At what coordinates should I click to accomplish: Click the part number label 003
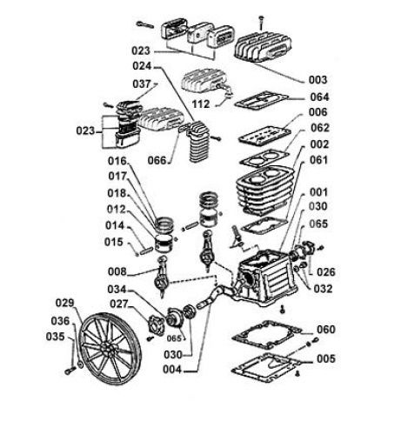[317, 80]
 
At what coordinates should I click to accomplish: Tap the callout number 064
[319, 97]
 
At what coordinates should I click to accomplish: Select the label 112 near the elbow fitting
[201, 104]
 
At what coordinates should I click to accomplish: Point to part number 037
[142, 84]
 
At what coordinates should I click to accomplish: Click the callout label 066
[157, 160]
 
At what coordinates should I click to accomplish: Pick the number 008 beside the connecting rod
[117, 271]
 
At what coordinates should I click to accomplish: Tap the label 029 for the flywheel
[65, 303]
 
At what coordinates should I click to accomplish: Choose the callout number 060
[326, 330]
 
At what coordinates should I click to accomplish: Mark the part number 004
[172, 370]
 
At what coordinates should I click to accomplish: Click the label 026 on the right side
[326, 272]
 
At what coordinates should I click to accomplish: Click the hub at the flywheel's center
[106, 349]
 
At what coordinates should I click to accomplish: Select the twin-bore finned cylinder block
[264, 190]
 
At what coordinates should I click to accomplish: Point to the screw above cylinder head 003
[262, 23]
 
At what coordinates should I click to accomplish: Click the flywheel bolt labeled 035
[70, 371]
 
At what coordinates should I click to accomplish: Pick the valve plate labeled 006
[264, 136]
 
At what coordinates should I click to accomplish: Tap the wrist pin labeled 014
[146, 251]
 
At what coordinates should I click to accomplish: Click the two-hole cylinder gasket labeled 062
[264, 157]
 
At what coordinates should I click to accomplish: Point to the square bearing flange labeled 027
[155, 326]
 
